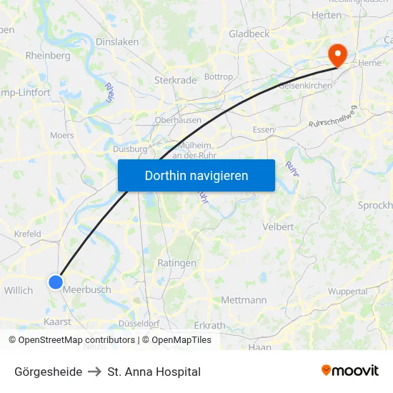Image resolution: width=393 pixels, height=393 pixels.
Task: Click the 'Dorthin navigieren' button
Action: click(196, 175)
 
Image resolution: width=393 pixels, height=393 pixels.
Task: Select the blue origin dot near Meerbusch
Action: click(56, 282)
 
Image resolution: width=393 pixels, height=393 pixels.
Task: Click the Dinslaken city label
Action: click(117, 42)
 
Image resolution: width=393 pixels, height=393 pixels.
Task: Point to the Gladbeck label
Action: click(249, 34)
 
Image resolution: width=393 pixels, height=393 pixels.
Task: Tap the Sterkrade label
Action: click(175, 81)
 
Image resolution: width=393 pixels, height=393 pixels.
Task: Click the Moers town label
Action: click(62, 135)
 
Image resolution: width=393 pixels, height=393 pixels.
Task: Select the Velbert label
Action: click(279, 227)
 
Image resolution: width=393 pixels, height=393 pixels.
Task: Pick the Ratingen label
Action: click(176, 263)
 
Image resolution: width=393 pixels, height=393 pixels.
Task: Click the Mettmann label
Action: click(244, 300)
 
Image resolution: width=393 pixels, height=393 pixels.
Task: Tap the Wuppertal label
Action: click(348, 292)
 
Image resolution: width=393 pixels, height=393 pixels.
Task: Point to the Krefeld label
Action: click(28, 234)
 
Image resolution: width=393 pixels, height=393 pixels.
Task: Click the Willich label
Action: click(19, 291)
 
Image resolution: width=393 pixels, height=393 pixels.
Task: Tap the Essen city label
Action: click(264, 129)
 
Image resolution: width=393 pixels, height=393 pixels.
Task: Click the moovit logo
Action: click(349, 371)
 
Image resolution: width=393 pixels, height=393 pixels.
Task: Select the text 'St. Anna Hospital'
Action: click(154, 372)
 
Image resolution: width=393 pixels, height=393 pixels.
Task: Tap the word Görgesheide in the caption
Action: click(48, 372)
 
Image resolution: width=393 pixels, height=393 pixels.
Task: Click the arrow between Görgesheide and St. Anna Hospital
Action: click(94, 372)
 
